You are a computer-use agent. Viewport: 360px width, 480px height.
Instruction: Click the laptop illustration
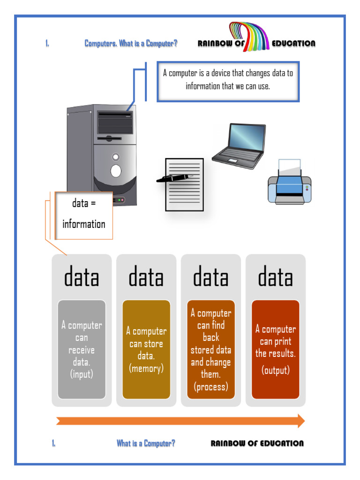(239, 146)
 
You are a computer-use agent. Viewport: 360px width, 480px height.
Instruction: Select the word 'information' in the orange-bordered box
(84, 224)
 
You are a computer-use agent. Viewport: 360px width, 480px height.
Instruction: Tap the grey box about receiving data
(82, 350)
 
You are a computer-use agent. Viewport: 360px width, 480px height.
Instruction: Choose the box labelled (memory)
(146, 350)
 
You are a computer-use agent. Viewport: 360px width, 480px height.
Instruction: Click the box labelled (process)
(211, 350)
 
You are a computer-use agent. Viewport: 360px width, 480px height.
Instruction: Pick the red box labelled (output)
(276, 350)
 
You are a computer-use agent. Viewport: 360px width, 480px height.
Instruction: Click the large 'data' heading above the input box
(82, 277)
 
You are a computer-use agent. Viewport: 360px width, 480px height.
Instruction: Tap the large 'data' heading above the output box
(276, 277)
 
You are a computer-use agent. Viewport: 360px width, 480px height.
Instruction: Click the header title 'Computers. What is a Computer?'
(131, 44)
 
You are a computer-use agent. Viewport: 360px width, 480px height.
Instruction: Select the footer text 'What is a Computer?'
(146, 443)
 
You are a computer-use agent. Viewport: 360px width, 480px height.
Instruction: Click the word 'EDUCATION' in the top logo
(293, 44)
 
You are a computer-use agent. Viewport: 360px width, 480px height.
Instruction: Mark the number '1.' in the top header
(47, 44)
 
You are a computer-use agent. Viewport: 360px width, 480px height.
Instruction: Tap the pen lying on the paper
(174, 178)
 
